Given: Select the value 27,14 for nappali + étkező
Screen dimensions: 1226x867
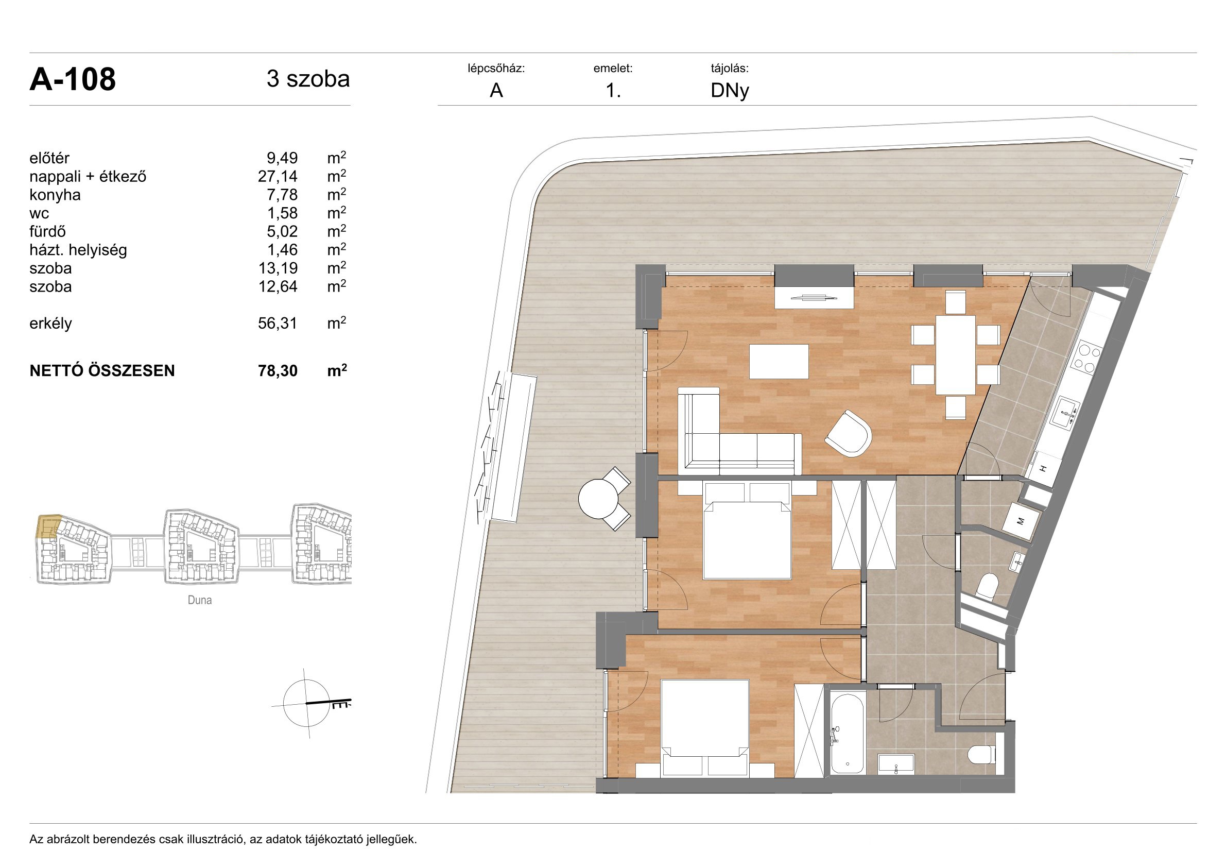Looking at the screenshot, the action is click(278, 176).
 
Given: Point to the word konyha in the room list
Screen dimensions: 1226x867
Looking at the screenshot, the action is click(55, 195).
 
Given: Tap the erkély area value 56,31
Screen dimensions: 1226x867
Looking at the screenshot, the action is click(278, 323).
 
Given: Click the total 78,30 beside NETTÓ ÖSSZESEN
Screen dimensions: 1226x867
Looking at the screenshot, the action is click(278, 371).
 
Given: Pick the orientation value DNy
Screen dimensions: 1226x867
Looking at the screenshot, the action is click(730, 91).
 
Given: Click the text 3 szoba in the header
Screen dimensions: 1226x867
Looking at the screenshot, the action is click(308, 79).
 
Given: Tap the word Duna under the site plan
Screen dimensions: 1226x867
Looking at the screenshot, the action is click(200, 600).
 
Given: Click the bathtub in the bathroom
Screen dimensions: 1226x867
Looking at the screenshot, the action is click(848, 733).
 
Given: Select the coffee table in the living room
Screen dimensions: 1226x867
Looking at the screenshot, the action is click(779, 362).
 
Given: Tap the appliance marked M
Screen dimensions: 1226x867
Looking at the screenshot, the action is click(1021, 521).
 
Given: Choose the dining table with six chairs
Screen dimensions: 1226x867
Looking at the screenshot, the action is click(955, 355).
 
